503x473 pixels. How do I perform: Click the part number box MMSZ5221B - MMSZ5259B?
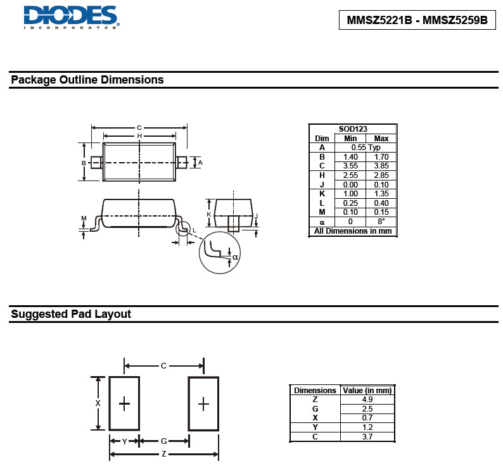tap(417, 20)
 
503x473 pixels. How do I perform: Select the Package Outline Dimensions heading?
tap(87, 80)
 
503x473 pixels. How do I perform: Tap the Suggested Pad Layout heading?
tap(71, 314)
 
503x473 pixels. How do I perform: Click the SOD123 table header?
tap(353, 129)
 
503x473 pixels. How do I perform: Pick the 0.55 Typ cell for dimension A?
tap(366, 148)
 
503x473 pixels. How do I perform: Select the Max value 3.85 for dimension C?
tap(381, 166)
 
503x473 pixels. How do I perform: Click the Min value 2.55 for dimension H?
tap(350, 175)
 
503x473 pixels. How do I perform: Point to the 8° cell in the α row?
tap(381, 221)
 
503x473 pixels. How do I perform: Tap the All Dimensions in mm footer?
tap(353, 231)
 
